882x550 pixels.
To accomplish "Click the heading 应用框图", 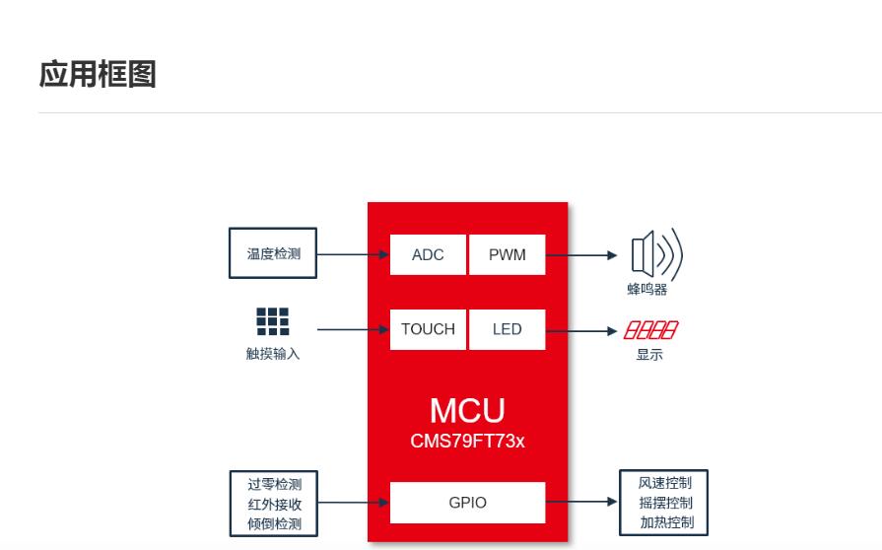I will tap(98, 74).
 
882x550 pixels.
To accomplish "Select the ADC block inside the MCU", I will tap(428, 254).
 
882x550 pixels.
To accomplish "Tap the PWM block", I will tap(508, 254).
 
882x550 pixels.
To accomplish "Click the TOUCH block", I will tap(428, 329).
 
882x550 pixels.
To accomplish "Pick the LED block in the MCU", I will tap(508, 329).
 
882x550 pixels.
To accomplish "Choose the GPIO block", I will tap(467, 503).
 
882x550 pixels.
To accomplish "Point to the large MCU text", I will tap(467, 411).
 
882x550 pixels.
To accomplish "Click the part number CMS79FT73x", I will tap(467, 441).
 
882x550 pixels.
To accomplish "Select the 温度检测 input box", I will tap(273, 253).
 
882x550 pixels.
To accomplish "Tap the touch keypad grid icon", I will tap(273, 321).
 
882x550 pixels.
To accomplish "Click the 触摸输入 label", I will tap(273, 354).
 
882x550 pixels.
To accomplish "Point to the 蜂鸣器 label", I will tap(647, 290).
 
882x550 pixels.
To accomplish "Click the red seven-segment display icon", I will tap(650, 330).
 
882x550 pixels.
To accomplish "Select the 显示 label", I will tap(649, 355).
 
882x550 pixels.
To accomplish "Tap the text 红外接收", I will tap(274, 504).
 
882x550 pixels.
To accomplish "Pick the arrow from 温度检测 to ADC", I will tap(353, 254).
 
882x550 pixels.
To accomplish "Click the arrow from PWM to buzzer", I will tap(581, 255).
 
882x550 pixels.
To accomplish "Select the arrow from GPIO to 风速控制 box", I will tap(581, 502).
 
